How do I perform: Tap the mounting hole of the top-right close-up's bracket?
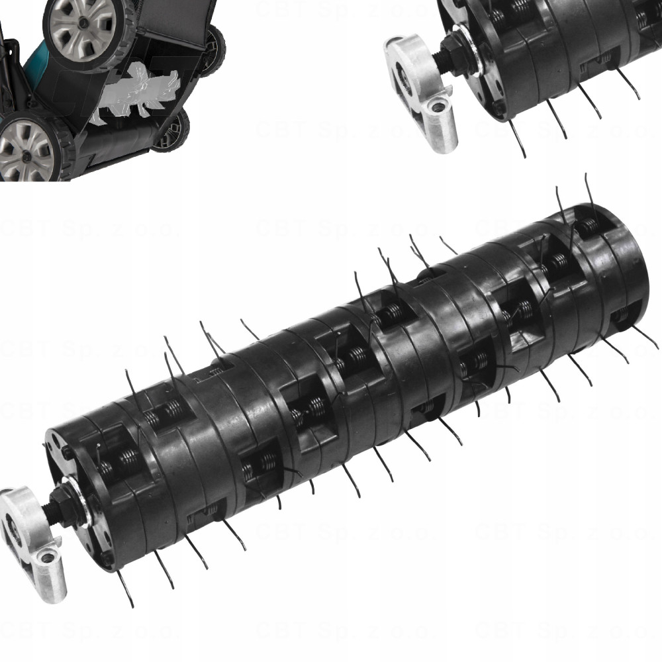tap(437, 105)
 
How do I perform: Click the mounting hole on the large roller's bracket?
tap(46, 560)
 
